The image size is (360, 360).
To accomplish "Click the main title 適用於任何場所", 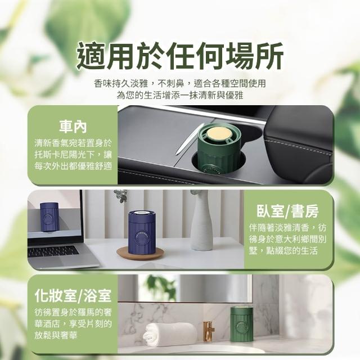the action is point(180,56).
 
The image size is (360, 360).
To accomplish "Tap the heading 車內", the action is point(73,127).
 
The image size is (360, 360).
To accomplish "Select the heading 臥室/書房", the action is point(287,211).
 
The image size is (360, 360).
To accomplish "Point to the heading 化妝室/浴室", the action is point(73,296).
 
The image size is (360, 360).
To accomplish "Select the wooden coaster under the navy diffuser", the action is point(140,253).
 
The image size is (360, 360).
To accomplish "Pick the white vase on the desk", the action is point(201,220).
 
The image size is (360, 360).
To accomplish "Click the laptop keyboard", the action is point(53,251).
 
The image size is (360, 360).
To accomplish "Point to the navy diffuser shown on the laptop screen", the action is point(49,217).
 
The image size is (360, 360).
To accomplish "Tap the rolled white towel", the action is point(170,334).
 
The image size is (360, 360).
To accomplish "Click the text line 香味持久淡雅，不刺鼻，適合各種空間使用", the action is point(180,83).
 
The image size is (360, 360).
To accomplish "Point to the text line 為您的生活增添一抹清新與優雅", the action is point(180,95).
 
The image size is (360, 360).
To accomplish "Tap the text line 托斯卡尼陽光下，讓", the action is point(73,155).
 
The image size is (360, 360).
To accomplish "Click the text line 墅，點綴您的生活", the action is point(283,251).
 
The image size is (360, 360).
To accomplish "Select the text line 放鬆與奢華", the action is point(56,335).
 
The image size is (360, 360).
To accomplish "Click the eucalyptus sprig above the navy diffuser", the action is point(120,195).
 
